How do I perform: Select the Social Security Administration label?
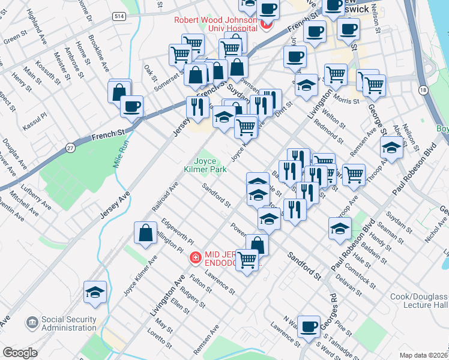(x=69, y=323)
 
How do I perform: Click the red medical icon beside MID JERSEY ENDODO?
(x=194, y=258)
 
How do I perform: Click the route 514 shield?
(x=118, y=17)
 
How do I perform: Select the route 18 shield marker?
(x=424, y=90)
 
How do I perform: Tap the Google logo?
(x=20, y=353)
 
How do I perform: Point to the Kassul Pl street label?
(x=35, y=114)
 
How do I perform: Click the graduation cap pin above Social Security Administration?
(x=95, y=292)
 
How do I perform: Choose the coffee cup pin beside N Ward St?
(x=309, y=327)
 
